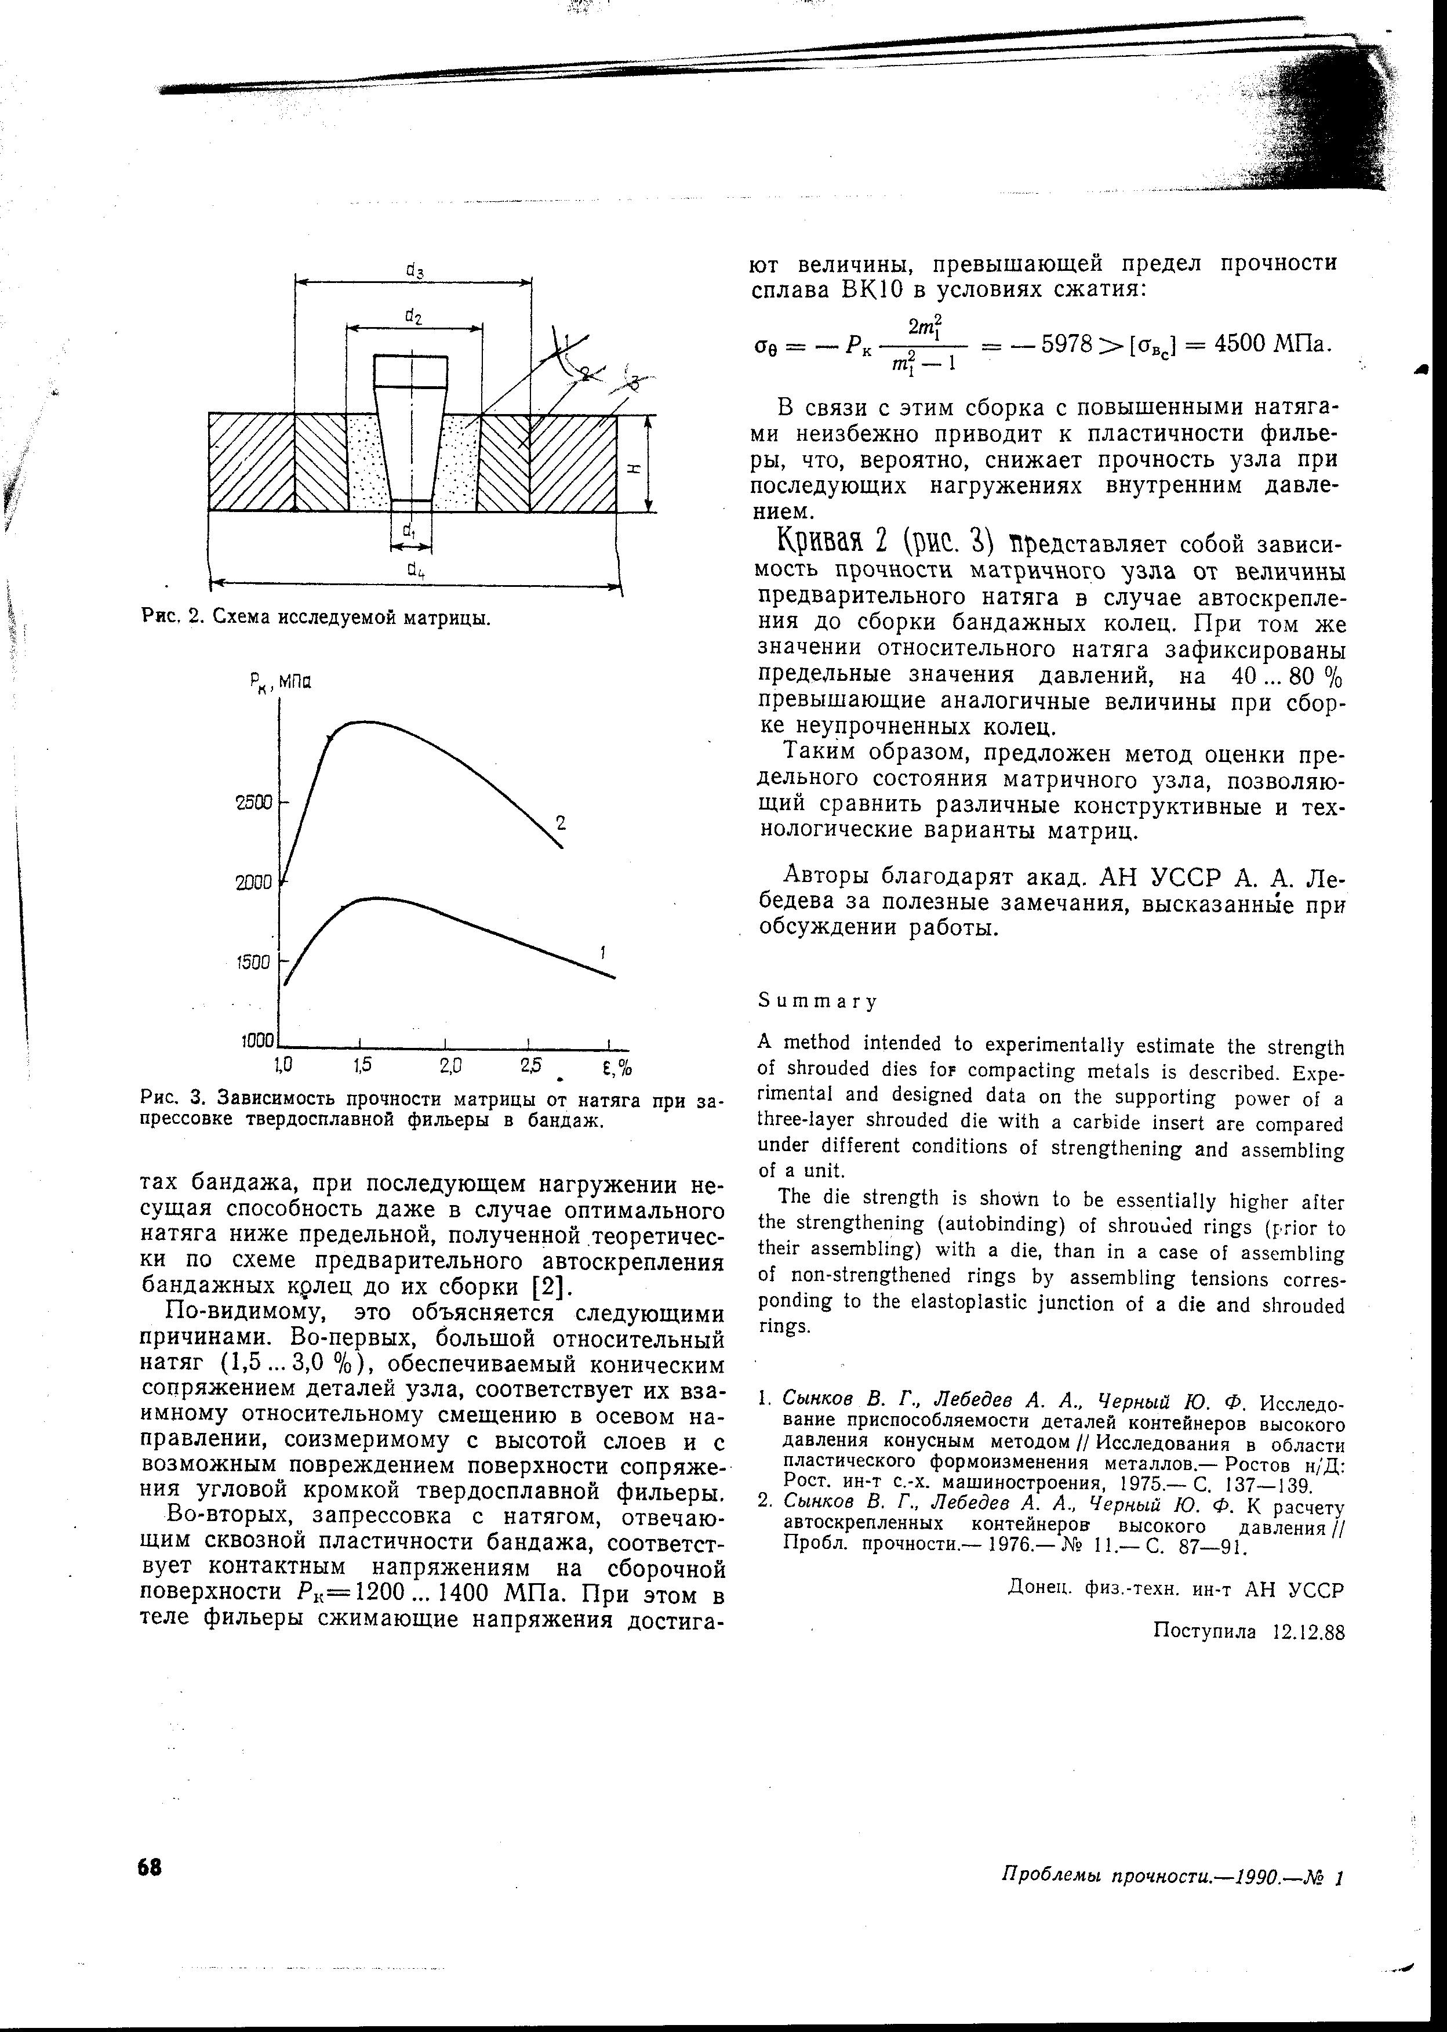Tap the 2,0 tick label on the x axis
pyautogui.click(x=445, y=1065)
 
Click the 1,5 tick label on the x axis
pyautogui.click(x=361, y=1065)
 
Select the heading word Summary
pyautogui.click(x=817, y=1002)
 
